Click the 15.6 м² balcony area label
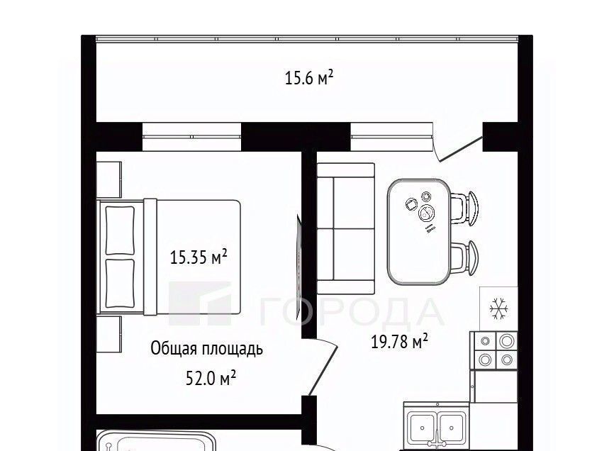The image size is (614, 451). [x=309, y=77]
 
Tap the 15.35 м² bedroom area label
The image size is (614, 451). [x=199, y=257]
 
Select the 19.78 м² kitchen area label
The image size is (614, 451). [x=399, y=341]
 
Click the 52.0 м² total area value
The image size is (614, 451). [x=211, y=378]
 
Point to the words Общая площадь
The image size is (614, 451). [x=207, y=349]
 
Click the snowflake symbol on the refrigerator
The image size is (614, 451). [x=499, y=308]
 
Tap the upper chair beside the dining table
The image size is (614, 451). [x=464, y=208]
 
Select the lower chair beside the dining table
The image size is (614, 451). [x=464, y=257]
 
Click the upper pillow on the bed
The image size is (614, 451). [x=120, y=231]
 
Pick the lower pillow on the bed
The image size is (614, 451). [x=120, y=284]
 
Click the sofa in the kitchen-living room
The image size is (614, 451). [x=346, y=228]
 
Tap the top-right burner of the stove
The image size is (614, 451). [x=506, y=341]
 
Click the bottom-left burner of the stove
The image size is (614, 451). [x=486, y=359]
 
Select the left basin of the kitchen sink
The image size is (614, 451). [x=422, y=428]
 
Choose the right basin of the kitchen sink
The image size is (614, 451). [x=452, y=428]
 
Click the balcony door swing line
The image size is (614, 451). [x=461, y=149]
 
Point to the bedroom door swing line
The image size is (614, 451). [x=323, y=371]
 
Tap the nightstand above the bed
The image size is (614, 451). [x=109, y=179]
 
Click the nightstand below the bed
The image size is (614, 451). [x=109, y=334]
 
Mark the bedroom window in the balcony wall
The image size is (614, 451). [x=192, y=137]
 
